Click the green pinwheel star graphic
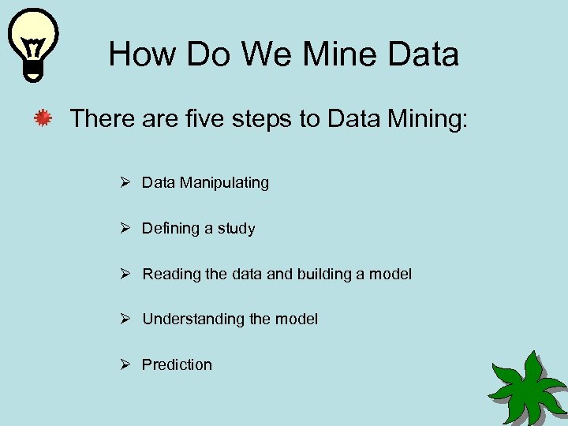click(x=527, y=388)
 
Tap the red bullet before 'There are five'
click(x=43, y=119)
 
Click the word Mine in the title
click(x=331, y=54)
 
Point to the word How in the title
click(x=140, y=54)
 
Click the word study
click(x=236, y=229)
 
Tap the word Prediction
click(x=177, y=365)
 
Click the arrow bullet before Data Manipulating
click(x=125, y=182)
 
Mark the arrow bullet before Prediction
click(x=125, y=364)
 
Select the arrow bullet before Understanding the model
click(x=125, y=319)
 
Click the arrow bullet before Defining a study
click(x=125, y=228)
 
